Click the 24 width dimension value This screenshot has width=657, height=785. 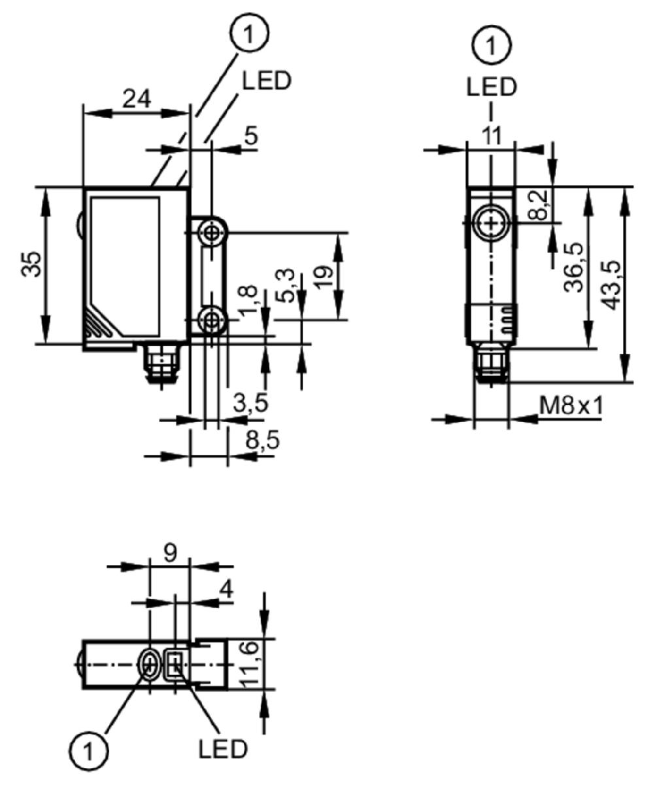tap(137, 99)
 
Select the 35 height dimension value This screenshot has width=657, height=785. tap(31, 264)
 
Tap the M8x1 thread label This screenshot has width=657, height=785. tap(571, 406)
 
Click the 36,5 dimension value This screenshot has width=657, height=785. tap(575, 268)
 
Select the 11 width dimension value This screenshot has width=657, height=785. tap(492, 135)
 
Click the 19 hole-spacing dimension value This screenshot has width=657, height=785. tap(324, 277)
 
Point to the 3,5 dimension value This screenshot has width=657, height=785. tap(250, 403)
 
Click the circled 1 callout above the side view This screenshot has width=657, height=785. tap(250, 33)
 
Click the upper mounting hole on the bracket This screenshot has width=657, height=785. tap(212, 234)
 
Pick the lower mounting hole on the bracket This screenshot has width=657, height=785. tap(212, 321)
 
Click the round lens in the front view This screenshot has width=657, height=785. tap(491, 223)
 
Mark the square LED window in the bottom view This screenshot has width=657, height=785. tap(175, 665)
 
